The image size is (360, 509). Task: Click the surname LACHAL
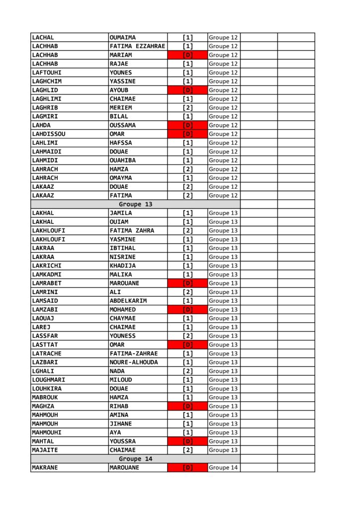[x=43, y=37]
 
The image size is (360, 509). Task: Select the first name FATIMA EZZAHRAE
[x=137, y=46]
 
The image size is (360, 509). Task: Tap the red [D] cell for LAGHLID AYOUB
[x=187, y=90]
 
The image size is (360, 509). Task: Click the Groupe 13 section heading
[x=135, y=204]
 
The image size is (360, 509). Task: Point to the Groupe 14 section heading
[x=135, y=459]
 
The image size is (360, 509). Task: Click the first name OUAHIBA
[x=122, y=160]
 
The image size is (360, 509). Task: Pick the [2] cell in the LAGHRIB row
[x=187, y=107]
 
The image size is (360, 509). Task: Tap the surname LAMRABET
[x=47, y=283]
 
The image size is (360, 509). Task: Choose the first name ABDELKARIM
[x=128, y=301]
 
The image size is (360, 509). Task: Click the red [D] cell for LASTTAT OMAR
[x=187, y=344]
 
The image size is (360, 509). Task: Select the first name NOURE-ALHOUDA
[x=134, y=362]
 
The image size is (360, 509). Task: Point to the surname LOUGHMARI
[x=48, y=380]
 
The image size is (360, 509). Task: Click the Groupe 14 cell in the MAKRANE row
[x=223, y=468]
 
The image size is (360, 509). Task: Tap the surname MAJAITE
[x=45, y=450]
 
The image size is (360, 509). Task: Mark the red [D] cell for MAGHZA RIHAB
[x=187, y=406]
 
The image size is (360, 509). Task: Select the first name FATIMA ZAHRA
[x=132, y=231]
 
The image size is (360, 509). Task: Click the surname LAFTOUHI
[x=47, y=73]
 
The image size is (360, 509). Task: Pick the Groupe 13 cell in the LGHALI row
[x=223, y=371]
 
